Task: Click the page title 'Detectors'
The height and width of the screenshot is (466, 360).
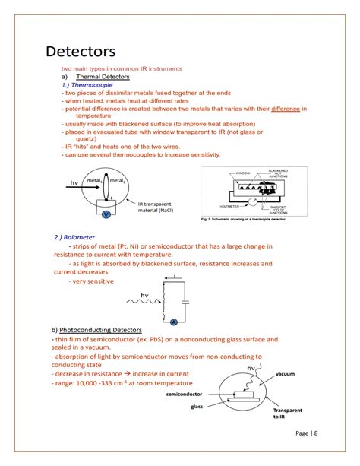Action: coord(81,52)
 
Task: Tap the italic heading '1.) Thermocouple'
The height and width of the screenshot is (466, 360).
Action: coord(90,85)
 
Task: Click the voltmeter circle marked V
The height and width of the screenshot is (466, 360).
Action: coord(106,214)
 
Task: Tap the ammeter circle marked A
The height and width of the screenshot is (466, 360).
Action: coord(174,321)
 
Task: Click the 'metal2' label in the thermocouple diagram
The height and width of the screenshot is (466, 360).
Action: coord(116,180)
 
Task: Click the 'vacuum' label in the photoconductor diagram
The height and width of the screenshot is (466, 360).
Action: coord(288,374)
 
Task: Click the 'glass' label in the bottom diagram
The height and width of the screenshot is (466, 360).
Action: coord(197,407)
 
